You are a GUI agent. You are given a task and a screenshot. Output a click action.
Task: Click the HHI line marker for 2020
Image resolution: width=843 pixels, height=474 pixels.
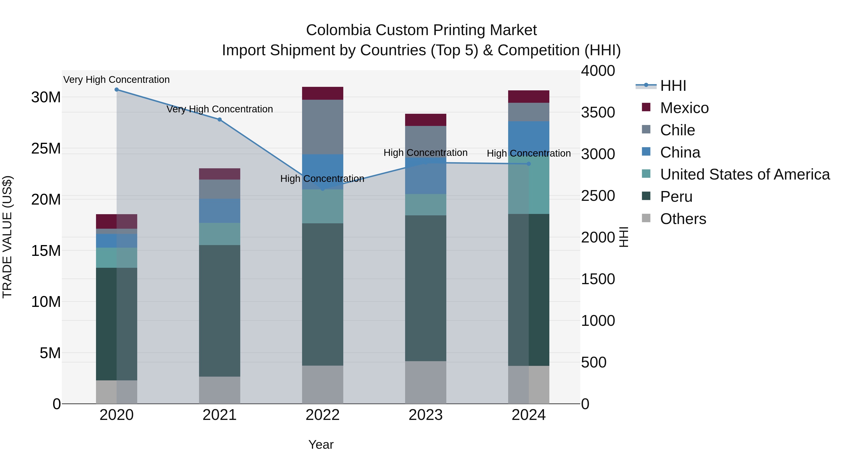click(117, 90)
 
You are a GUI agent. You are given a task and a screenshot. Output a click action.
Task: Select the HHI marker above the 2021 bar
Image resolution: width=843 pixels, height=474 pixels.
click(220, 120)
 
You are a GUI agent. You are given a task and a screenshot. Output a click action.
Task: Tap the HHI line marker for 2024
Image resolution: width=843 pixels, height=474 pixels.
click(529, 164)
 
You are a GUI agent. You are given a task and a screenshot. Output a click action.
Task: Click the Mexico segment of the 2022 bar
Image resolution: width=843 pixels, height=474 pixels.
click(322, 93)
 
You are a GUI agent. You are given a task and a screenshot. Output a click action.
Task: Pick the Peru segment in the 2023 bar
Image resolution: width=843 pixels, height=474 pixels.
click(425, 288)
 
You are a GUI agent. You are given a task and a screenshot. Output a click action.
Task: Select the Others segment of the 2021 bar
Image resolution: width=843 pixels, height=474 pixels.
click(220, 390)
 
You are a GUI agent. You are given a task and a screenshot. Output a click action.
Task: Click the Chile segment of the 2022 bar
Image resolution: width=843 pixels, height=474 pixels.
click(322, 127)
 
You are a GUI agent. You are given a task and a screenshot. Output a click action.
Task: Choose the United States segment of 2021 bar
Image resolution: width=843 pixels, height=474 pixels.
click(220, 234)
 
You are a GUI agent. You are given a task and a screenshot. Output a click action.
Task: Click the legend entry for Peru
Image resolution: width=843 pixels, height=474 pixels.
click(676, 197)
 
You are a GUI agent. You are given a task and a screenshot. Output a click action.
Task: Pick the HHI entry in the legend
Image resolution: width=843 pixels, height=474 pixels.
click(673, 86)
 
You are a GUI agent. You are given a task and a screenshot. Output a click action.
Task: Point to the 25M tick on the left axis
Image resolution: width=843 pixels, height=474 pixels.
click(46, 148)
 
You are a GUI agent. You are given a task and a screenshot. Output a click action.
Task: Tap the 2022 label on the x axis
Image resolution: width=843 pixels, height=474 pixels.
click(322, 415)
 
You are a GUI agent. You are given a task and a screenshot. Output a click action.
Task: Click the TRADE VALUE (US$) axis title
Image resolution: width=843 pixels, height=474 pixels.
click(7, 237)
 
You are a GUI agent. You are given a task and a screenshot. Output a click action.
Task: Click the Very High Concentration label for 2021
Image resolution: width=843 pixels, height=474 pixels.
click(220, 109)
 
